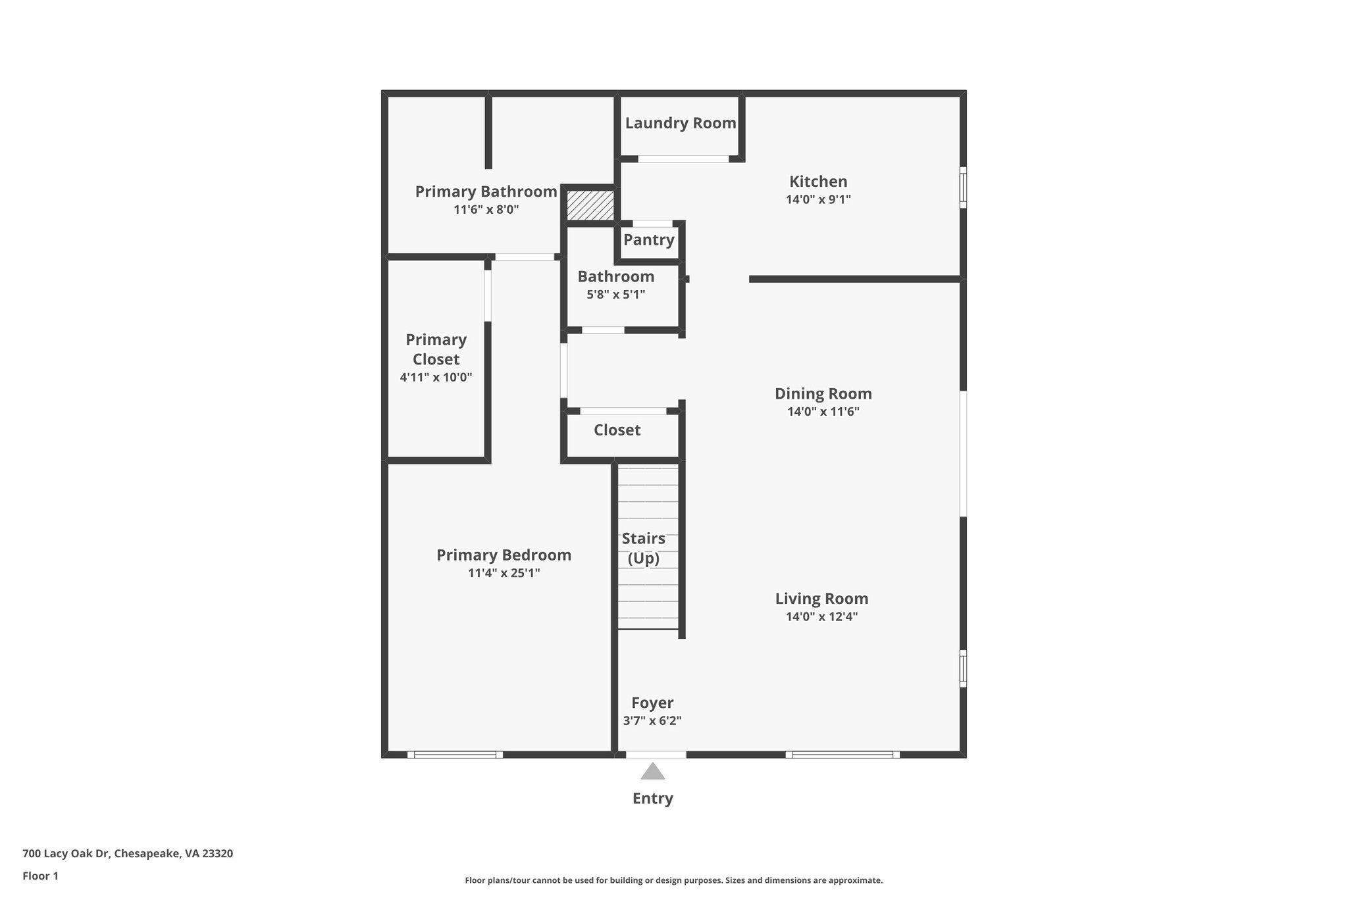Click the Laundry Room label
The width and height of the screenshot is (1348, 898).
tap(680, 123)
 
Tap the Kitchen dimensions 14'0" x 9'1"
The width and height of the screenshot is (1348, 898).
tap(818, 199)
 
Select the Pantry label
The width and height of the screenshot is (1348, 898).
tap(649, 239)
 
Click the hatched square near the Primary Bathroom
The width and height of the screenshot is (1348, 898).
tap(590, 205)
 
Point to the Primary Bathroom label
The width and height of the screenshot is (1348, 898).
tap(486, 191)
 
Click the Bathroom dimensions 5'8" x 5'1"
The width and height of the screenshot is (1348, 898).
tap(615, 295)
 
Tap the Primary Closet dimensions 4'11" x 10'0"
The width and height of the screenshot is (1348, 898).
tap(436, 378)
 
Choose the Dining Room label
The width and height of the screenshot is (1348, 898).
tap(823, 393)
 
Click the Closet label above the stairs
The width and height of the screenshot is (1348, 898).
tap(617, 430)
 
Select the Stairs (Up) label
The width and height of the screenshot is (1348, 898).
tap(643, 548)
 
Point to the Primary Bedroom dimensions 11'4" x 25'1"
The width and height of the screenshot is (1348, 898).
tap(504, 573)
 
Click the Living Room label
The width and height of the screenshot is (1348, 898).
tap(821, 599)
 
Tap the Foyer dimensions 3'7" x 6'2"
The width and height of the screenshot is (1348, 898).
tap(652, 720)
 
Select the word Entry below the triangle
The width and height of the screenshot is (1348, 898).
tap(652, 798)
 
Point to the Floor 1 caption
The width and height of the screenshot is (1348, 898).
tap(40, 876)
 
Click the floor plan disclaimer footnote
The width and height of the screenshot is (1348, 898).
tap(673, 880)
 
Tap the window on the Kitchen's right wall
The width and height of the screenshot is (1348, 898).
tap(963, 187)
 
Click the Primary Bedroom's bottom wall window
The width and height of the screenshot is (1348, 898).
tap(455, 755)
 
